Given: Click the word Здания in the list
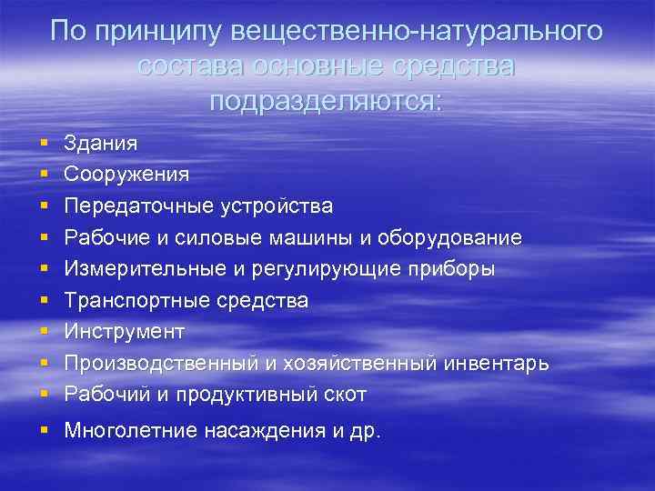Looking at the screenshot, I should pos(101,143).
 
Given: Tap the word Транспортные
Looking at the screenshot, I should pos(133,301).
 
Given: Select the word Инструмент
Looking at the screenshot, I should pos(125,332).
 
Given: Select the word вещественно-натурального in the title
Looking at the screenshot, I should pos(417,32).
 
